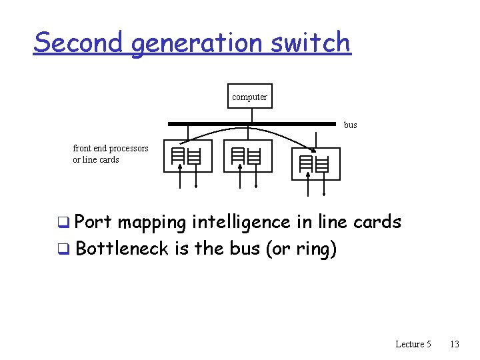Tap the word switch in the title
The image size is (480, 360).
click(x=310, y=43)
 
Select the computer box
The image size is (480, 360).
click(x=249, y=97)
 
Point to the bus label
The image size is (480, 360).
click(x=350, y=125)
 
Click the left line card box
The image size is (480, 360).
click(x=187, y=156)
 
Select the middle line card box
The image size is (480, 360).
click(x=247, y=156)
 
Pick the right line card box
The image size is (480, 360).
click(x=316, y=163)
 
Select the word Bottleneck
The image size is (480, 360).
click(x=122, y=249)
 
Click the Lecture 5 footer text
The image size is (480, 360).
click(x=413, y=344)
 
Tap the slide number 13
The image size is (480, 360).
click(x=455, y=344)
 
